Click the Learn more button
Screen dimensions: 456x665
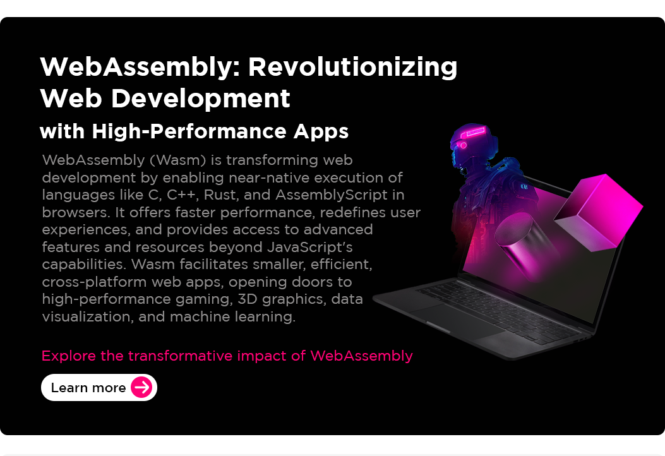(99, 388)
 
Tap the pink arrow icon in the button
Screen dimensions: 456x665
(142, 387)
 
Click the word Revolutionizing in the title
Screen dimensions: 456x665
(353, 67)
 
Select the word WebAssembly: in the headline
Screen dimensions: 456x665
(138, 67)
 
